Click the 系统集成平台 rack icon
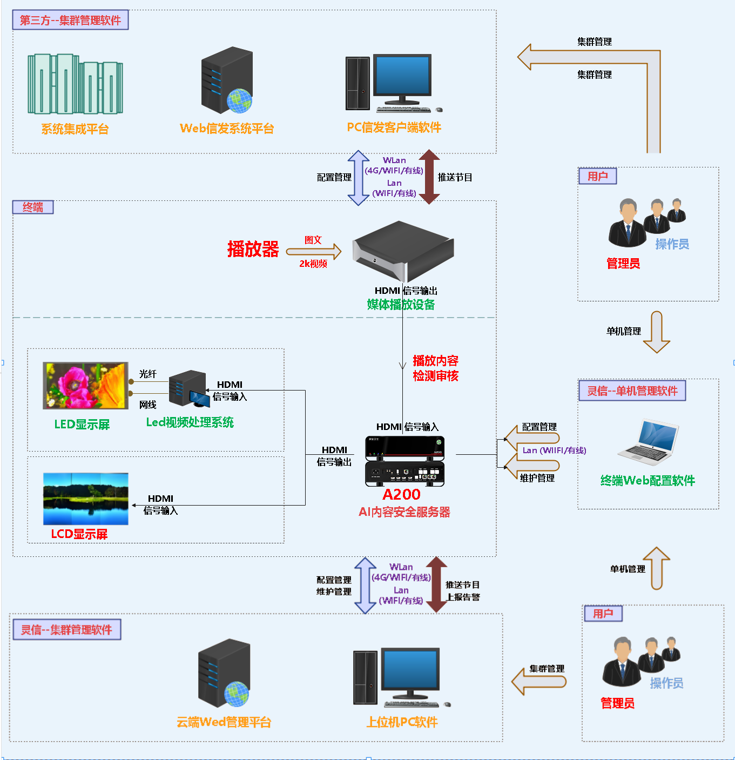click(75, 84)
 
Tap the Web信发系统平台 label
click(227, 129)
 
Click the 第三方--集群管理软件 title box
click(70, 20)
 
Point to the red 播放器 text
click(253, 249)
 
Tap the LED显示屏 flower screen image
click(85, 385)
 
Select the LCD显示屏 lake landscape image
click(86, 499)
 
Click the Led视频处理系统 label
click(190, 422)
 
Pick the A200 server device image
click(404, 461)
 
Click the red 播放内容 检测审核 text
click(435, 368)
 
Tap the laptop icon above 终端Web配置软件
click(648, 442)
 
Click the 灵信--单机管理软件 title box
click(632, 391)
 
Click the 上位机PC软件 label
click(402, 722)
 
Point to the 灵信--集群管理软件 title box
click(66, 630)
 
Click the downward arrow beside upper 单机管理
click(656, 332)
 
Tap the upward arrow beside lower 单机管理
click(656, 568)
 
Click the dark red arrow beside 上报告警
click(436, 584)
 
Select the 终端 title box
click(33, 207)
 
